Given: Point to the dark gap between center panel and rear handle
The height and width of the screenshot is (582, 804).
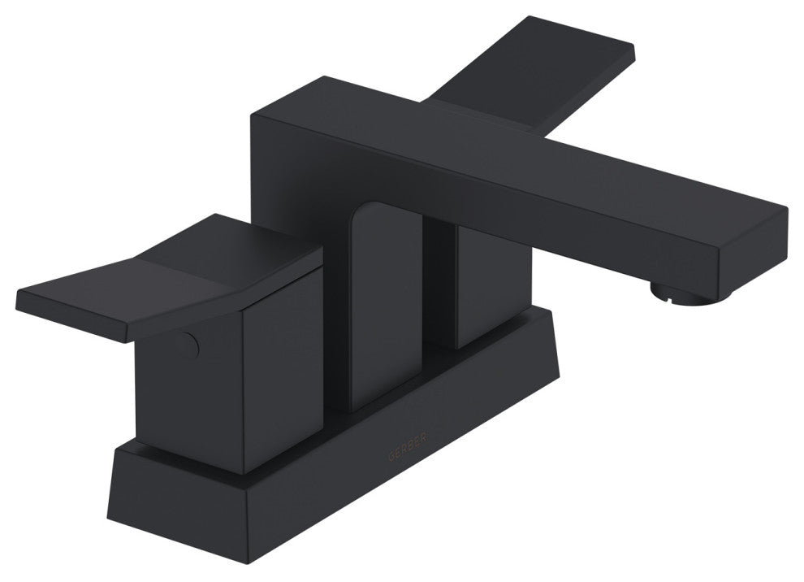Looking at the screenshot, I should pyautogui.click(x=439, y=284).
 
